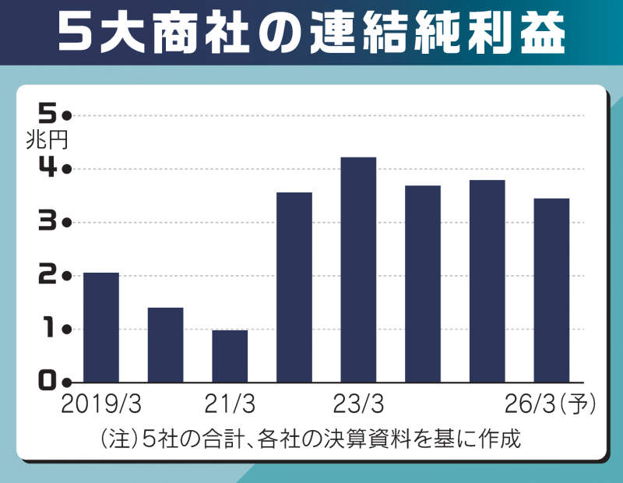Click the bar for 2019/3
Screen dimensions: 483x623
pos(101,327)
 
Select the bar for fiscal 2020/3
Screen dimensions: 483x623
pos(165,344)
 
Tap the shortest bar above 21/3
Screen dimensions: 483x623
pos(230,356)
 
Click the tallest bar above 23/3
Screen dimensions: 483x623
pos(358,270)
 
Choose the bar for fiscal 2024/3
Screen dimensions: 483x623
pos(423,284)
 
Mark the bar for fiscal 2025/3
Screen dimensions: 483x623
pos(487,280)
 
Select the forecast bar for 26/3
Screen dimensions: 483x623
pos(551,290)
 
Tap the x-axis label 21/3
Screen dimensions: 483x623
pos(230,405)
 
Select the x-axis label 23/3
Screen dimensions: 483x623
pos(358,405)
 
